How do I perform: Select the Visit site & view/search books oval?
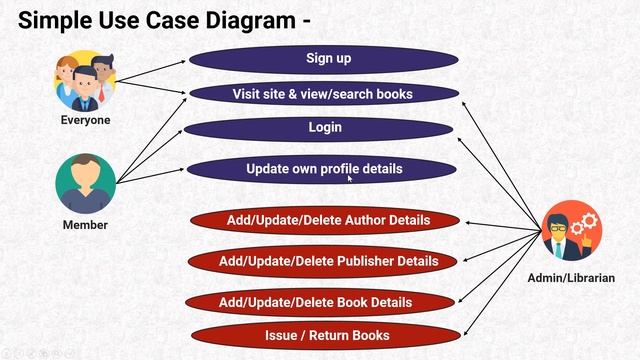322,94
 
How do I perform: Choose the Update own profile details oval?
324,170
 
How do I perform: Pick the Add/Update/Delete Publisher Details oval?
328,262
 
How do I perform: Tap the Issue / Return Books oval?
327,335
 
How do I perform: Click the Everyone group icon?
85,81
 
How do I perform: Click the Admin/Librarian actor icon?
571,232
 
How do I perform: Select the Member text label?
85,225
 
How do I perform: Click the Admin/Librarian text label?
571,277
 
